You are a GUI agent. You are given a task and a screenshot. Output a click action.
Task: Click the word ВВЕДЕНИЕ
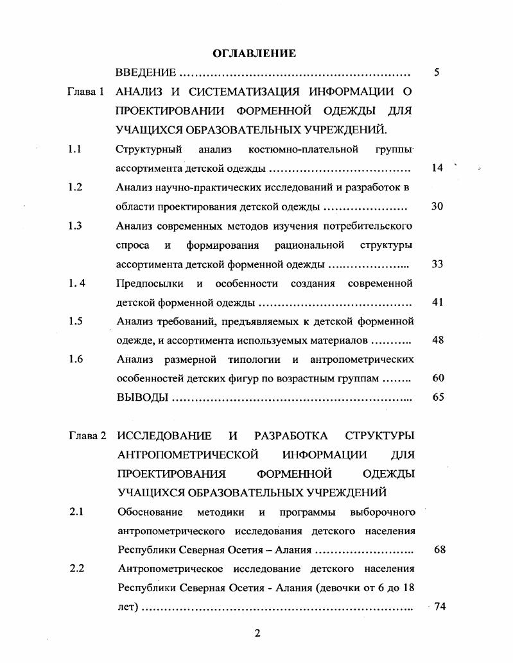(146, 72)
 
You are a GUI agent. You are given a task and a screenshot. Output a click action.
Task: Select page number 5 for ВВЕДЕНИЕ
(437, 72)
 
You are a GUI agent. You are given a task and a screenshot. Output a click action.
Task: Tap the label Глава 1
(85, 92)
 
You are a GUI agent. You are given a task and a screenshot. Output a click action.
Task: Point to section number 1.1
(74, 149)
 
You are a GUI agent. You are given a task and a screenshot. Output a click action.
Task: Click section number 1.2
(74, 187)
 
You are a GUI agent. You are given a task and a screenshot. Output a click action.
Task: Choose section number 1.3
(74, 226)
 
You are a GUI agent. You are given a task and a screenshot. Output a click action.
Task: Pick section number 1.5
(74, 321)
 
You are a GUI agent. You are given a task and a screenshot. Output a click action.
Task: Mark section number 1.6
(75, 359)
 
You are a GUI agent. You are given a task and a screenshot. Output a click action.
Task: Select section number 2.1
(77, 512)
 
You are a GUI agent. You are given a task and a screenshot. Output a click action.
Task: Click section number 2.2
(77, 568)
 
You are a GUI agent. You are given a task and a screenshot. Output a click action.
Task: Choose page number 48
(438, 340)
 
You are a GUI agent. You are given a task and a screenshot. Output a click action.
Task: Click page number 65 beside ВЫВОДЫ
(438, 397)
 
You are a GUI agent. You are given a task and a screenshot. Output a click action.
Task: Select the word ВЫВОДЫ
(143, 398)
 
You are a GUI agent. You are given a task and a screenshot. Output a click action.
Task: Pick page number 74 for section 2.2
(439, 607)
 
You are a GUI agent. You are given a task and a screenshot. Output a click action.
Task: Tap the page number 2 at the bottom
(257, 634)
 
